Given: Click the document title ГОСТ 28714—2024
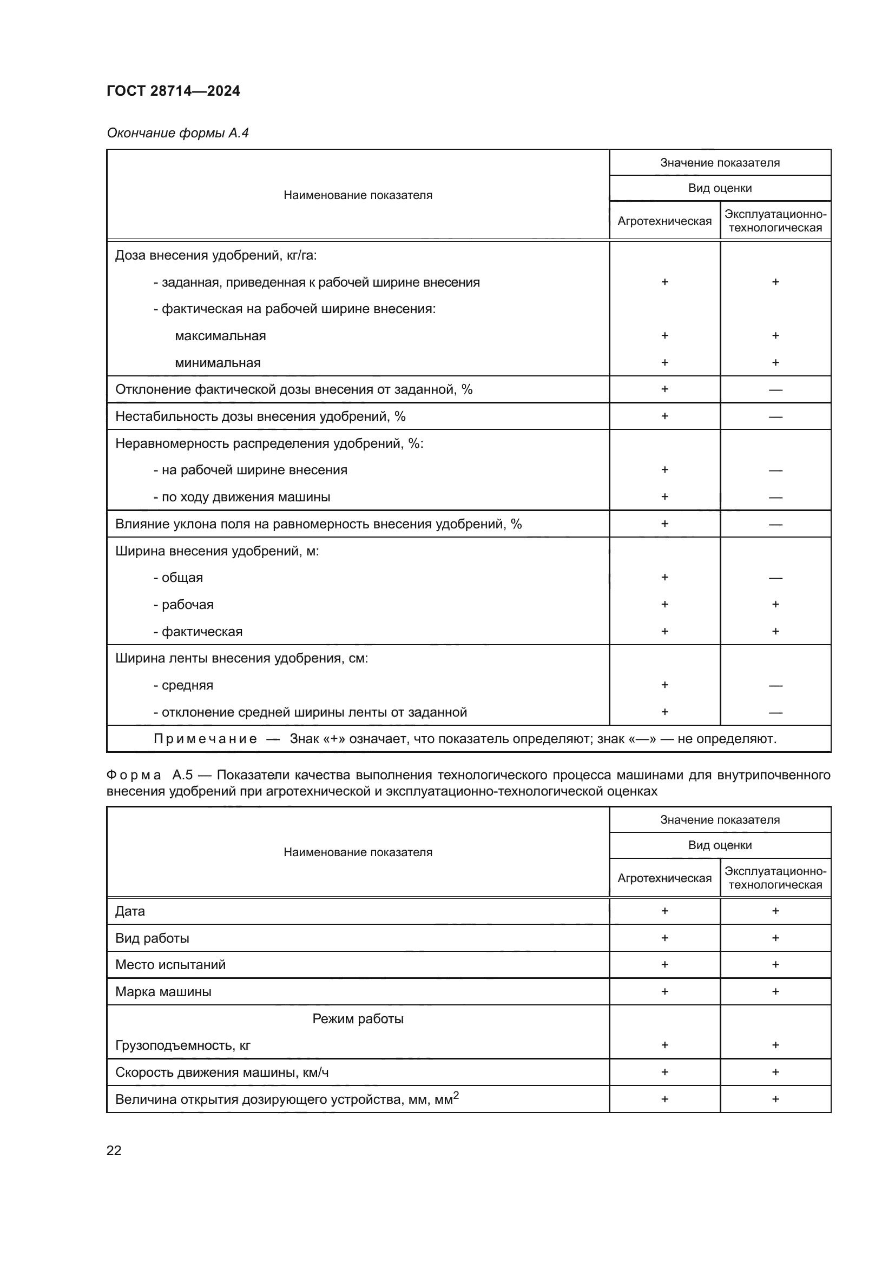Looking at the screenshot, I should [x=173, y=91].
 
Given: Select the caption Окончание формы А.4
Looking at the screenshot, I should [x=177, y=133].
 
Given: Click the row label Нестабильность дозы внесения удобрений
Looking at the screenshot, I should [x=260, y=416].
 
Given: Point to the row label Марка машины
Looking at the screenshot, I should [x=163, y=992].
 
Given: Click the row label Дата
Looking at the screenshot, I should [x=130, y=911].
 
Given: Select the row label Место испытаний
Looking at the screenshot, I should [x=170, y=965].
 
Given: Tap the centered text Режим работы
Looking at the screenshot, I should [x=358, y=1019].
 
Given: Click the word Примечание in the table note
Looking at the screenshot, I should [x=205, y=739].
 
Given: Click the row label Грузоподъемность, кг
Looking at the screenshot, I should [x=182, y=1045].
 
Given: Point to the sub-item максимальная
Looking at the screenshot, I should [x=220, y=336].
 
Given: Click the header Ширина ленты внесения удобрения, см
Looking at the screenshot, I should [x=241, y=658].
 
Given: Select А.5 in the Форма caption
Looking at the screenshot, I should [x=182, y=775].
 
